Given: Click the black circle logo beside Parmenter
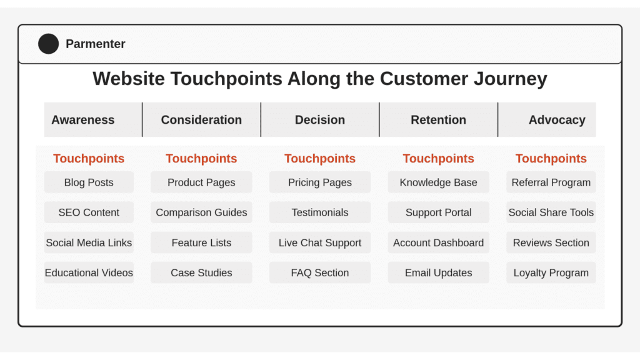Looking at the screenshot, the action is (x=49, y=44).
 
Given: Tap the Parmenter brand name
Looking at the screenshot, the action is (x=96, y=44).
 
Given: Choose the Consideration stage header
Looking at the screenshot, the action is (x=201, y=119).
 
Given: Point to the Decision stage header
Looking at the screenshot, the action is (x=320, y=119).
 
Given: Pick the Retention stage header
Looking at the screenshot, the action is (x=438, y=119).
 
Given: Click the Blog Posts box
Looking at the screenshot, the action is (x=89, y=182).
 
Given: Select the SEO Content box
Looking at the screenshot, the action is (x=89, y=212).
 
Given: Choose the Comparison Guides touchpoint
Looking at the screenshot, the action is (x=201, y=212).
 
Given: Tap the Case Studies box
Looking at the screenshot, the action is (x=201, y=272).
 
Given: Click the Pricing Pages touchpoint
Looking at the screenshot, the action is (x=320, y=182).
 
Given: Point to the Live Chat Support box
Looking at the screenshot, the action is (x=320, y=242).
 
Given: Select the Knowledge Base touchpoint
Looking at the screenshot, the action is (x=438, y=182).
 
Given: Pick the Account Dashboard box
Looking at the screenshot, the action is (x=438, y=242).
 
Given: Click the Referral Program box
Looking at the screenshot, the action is (x=551, y=182).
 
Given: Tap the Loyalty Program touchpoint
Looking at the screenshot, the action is (x=551, y=272).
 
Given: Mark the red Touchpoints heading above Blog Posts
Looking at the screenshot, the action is (x=89, y=158).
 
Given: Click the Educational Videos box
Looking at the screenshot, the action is (x=89, y=272).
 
